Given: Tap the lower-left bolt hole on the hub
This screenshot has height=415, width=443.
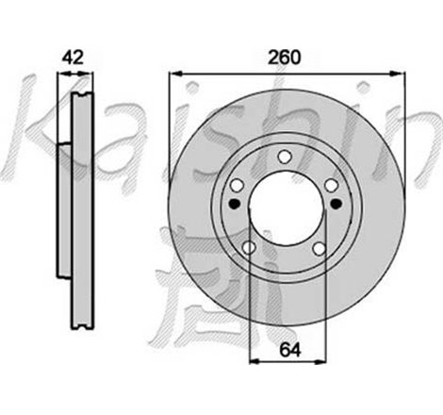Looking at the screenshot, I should pos(248,248).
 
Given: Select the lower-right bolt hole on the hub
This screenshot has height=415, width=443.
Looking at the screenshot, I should pos(320,248).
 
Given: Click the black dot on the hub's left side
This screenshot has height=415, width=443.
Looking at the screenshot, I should pos(235,202).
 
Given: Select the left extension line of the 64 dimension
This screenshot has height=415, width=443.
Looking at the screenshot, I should pos(248,311).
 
